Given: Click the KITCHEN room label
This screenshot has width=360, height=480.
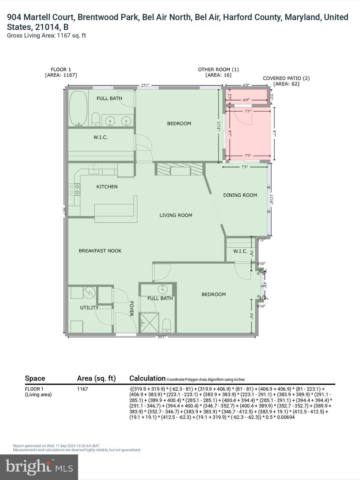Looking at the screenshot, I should [107, 187].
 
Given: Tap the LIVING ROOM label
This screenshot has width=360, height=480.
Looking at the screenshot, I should [176, 215].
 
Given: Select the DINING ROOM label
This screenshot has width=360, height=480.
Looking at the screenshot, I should [240, 195].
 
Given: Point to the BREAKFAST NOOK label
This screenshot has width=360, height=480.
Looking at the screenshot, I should [100, 251].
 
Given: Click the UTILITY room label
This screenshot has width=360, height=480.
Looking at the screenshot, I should [89, 307].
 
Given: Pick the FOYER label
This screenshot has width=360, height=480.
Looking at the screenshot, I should [131, 309].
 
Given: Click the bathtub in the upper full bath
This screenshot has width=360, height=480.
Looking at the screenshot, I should [78, 108].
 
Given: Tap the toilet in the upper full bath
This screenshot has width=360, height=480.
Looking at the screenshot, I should [96, 120].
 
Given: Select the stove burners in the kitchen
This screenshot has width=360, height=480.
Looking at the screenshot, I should [74, 189].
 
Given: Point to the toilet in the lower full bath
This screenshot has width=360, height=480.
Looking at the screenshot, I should [167, 326].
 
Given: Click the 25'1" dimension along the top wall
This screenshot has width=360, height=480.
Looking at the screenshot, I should [145, 85].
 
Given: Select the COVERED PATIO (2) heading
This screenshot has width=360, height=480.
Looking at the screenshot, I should [286, 78].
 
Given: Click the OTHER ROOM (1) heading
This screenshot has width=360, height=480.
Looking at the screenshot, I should [218, 69].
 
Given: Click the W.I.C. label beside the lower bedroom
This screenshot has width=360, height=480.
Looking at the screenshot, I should [240, 251].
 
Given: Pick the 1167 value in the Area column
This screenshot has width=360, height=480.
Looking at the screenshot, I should [82, 389].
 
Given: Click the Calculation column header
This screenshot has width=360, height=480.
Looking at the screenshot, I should [147, 378].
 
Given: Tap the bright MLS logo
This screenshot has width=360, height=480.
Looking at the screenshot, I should [39, 467].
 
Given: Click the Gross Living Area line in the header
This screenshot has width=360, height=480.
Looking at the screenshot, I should [46, 35].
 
